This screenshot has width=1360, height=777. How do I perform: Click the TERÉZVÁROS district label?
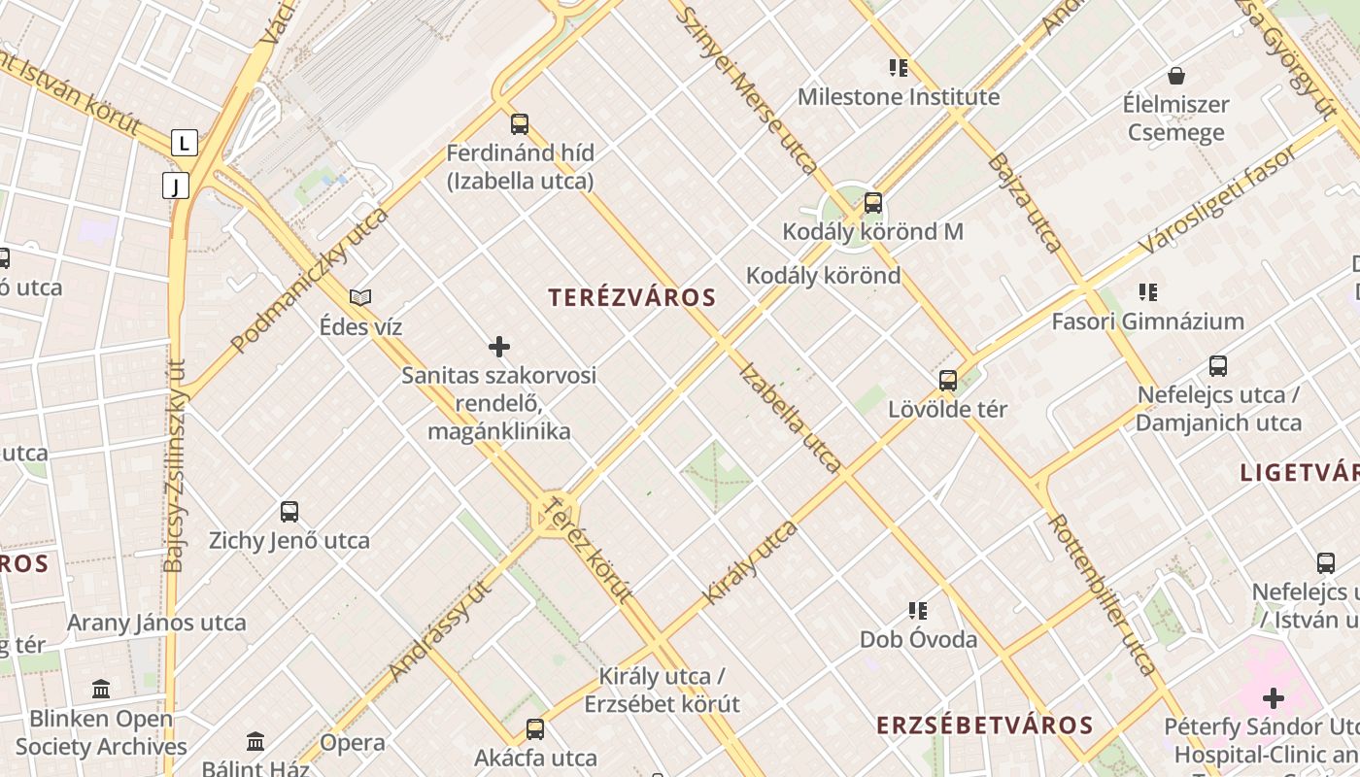[x=632, y=298]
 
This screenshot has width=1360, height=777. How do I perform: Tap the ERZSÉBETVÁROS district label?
[x=985, y=726]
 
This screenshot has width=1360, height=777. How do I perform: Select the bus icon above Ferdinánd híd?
[x=520, y=124]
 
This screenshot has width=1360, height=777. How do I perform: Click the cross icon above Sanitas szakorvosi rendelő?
[x=499, y=347]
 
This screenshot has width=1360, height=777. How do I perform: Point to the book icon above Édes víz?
[x=360, y=297]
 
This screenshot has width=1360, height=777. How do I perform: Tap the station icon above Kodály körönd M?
[x=873, y=203]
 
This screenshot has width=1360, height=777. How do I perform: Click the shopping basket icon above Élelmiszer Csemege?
[x=1176, y=76]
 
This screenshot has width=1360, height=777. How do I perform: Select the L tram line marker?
[x=185, y=144]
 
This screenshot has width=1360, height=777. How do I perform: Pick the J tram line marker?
[x=176, y=186]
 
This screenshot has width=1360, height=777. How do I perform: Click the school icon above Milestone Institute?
[x=899, y=68]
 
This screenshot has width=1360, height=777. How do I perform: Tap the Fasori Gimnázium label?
[x=1147, y=321]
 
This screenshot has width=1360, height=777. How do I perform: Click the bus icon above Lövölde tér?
[x=948, y=381]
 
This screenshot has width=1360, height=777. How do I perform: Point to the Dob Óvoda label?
[x=918, y=639]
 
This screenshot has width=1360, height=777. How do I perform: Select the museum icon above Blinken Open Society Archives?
[x=101, y=690]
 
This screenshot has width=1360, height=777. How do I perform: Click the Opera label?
[x=352, y=743]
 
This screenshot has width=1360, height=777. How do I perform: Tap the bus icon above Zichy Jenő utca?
[x=289, y=512]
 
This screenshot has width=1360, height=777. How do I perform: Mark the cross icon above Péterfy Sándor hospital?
[x=1273, y=698]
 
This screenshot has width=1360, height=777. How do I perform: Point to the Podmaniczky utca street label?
[x=309, y=279]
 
